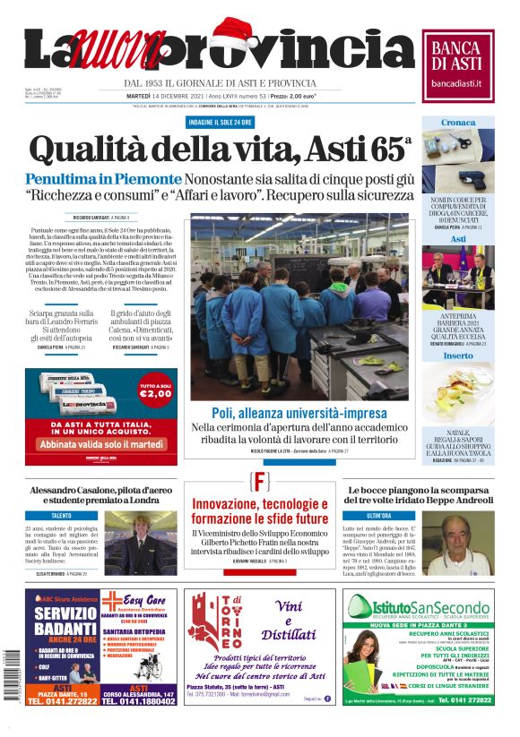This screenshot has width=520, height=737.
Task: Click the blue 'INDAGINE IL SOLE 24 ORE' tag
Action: point(219,121)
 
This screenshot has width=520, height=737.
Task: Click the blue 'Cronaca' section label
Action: point(457,123)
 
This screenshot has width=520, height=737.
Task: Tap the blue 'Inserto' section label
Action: point(457,356)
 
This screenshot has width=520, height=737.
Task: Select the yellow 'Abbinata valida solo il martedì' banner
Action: point(101,443)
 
